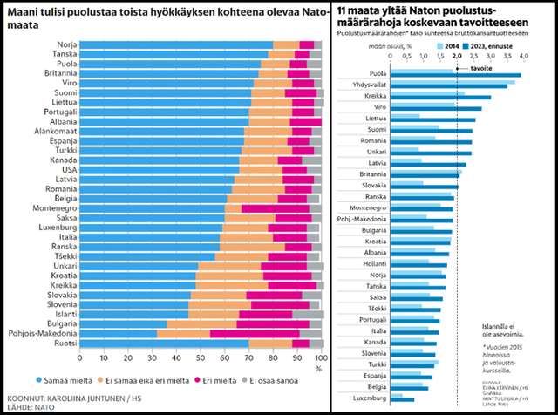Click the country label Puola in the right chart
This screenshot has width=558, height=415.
click(378, 73)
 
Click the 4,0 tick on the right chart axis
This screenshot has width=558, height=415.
click(523, 55)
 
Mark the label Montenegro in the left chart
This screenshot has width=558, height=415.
click(51, 207)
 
